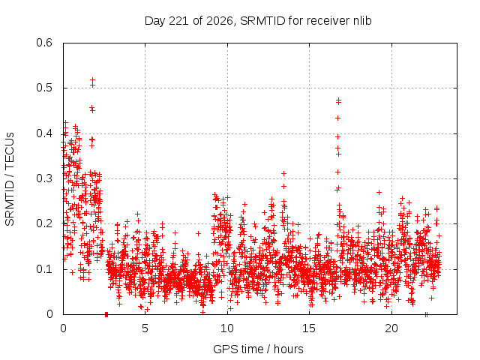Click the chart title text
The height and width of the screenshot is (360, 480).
tap(258, 21)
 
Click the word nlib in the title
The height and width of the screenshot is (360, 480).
tap(362, 20)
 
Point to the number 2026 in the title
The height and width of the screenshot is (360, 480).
tap(219, 21)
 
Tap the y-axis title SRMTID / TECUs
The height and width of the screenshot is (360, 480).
tap(10, 179)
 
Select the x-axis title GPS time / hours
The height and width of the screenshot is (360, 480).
tap(258, 349)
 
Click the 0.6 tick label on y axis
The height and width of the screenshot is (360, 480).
tap(44, 43)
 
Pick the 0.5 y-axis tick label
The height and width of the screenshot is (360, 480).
tap(44, 88)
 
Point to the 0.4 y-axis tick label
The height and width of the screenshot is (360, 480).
tap(44, 133)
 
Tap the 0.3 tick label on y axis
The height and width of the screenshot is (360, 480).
tap(44, 178)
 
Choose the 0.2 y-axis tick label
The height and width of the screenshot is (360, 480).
tap(44, 223)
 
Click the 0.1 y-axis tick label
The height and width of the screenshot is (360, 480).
tap(44, 269)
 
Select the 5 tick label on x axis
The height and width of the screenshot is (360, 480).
tap(145, 328)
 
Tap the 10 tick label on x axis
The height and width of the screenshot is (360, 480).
tap(227, 328)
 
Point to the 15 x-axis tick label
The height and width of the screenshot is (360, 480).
tap(309, 328)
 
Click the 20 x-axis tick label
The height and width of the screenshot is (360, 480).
tap(391, 328)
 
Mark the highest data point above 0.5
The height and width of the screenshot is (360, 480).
tap(92, 80)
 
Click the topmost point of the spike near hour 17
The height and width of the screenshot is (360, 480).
tap(338, 100)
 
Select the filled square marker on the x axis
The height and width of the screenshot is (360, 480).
tap(106, 314)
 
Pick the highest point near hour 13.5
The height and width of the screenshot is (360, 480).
tap(283, 173)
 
